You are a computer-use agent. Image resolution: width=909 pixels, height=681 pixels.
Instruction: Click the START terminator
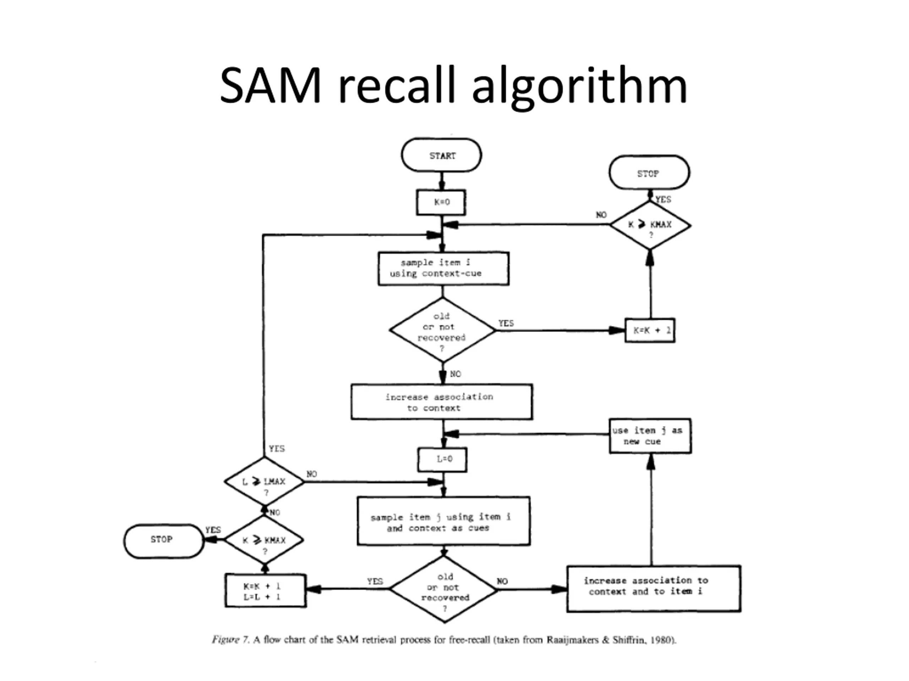pos(441,155)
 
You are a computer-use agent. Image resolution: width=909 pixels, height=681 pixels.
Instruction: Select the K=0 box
pos(441,202)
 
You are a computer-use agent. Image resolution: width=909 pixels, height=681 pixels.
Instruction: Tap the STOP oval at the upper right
pos(649,173)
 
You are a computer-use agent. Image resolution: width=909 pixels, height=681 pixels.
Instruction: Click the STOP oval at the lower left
pos(164,541)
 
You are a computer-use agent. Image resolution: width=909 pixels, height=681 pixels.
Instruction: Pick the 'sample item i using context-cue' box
pos(443,269)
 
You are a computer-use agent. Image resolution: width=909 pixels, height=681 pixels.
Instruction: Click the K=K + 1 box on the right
pos(650,330)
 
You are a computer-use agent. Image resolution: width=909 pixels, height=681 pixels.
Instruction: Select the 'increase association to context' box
pos(442,402)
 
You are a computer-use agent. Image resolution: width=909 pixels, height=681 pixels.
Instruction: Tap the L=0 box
pos(442,460)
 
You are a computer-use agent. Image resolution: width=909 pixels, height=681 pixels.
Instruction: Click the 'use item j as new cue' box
pos(650,436)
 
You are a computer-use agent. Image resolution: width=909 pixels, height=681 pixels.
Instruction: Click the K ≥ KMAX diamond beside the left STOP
pos(264,539)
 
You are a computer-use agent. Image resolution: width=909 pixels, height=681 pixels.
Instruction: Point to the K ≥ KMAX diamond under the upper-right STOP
pos(650,225)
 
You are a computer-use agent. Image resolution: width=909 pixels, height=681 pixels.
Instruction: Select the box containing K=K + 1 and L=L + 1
pos(266,590)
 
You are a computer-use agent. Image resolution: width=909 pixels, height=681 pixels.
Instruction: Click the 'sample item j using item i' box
pos(443,521)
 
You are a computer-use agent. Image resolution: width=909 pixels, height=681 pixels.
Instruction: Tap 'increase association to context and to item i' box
pos(654,589)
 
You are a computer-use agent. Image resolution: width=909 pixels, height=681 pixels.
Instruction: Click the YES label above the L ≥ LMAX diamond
pos(277,448)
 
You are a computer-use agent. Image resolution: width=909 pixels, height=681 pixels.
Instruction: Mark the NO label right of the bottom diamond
pos(502,581)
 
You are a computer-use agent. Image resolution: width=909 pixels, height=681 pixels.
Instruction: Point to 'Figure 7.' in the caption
pos(230,640)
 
